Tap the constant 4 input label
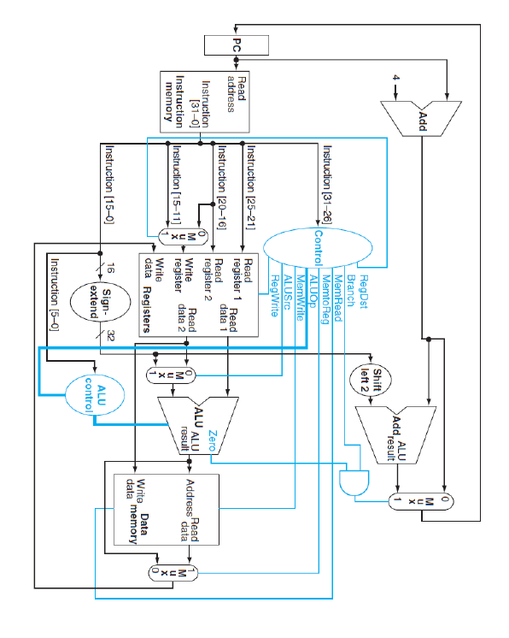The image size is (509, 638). pos(395,79)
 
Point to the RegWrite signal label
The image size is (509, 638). pos(275,296)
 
